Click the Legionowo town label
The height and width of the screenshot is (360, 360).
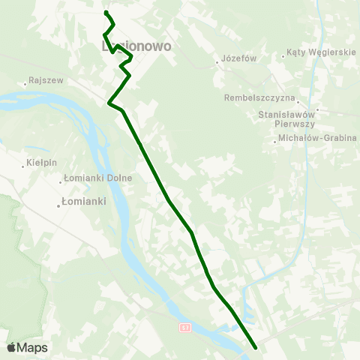[x=136, y=46]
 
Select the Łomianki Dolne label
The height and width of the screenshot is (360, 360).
[x=99, y=178]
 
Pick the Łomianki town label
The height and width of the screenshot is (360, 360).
[x=85, y=202]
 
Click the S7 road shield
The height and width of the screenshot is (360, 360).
[x=185, y=328]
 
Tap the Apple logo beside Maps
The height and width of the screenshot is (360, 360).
[x=12, y=347]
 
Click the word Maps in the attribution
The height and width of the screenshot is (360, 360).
[x=33, y=347]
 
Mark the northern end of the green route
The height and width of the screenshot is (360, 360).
[x=106, y=12]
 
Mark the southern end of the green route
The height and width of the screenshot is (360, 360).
[x=256, y=347]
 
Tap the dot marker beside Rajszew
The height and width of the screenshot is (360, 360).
[x=26, y=82]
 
